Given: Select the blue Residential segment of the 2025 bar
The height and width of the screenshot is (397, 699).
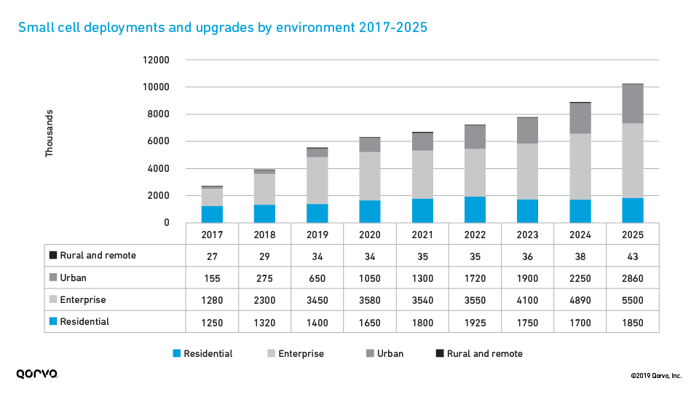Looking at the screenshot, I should pyautogui.click(x=632, y=210).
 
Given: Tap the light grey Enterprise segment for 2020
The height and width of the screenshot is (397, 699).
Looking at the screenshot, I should pyautogui.click(x=369, y=176).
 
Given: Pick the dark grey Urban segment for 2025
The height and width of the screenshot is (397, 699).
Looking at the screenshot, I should pyautogui.click(x=632, y=103).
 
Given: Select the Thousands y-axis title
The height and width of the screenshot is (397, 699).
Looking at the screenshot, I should pyautogui.click(x=50, y=133).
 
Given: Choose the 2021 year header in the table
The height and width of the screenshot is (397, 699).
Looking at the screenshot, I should pyautogui.click(x=422, y=234).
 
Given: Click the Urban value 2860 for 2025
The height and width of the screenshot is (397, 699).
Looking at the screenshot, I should pyautogui.click(x=633, y=278).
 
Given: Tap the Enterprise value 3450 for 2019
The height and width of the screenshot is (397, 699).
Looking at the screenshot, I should pyautogui.click(x=317, y=299).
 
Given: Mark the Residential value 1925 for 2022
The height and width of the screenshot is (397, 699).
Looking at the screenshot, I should pyautogui.click(x=475, y=322).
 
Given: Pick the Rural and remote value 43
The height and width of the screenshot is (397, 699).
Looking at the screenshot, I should pyautogui.click(x=633, y=256).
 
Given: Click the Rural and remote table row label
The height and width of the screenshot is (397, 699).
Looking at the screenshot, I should pyautogui.click(x=98, y=256).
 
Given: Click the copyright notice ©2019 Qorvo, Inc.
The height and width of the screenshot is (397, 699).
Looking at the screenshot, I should pyautogui.click(x=656, y=376).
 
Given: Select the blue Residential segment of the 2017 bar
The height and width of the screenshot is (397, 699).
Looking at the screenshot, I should pyautogui.click(x=212, y=214).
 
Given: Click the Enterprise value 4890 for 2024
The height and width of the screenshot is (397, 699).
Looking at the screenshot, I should pyautogui.click(x=580, y=299).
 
